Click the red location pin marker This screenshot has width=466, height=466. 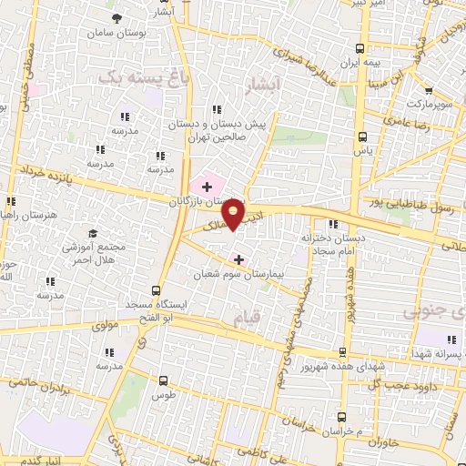pos(234,214)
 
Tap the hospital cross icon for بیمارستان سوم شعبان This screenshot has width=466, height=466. pos(238,258)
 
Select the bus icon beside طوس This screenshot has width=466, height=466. pos(164,381)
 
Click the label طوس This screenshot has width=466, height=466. pos(164,396)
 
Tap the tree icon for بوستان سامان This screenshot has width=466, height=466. pos(116,18)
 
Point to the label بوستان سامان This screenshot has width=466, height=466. pos(116,33)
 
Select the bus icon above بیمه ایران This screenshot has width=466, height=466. pos(362,47)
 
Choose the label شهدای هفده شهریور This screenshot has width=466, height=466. pos(343,367)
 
